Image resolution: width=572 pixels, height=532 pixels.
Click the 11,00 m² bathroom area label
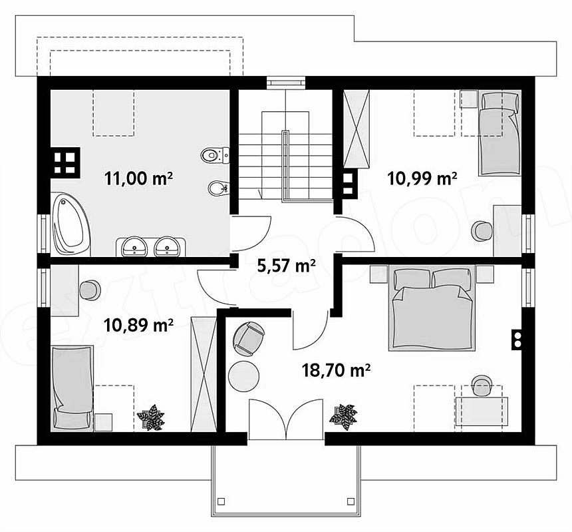click(138, 178)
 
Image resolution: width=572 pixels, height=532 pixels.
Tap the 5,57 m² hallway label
click(287, 266)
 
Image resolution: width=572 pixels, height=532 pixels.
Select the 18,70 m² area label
click(336, 370)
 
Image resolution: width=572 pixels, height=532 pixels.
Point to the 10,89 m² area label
click(138, 325)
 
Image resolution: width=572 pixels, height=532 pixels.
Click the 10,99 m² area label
click(422, 178)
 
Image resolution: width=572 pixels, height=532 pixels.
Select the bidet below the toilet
click(218, 188)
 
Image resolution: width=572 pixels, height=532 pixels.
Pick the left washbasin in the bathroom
click(134, 246)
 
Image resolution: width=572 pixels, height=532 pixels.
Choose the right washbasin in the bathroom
click(167, 246)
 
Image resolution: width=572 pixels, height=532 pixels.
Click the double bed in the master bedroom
click(432, 308)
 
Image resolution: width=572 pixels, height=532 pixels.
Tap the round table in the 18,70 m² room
click(243, 376)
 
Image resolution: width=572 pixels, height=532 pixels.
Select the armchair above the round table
click(249, 338)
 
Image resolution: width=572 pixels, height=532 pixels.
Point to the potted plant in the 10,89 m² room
click(151, 417)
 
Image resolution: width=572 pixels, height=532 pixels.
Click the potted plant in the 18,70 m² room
click(343, 417)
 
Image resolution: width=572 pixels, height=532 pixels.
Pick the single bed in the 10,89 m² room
click(72, 388)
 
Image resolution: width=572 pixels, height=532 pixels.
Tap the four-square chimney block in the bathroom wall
click(65, 162)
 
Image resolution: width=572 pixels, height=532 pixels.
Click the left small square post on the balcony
click(221, 501)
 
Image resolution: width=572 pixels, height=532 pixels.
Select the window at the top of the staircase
click(285, 82)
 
